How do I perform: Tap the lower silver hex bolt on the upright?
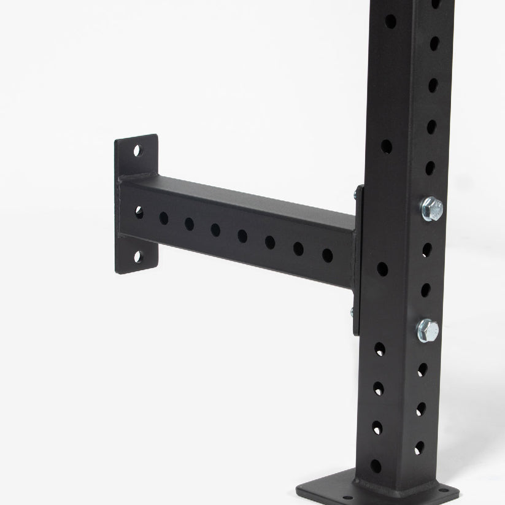click(428, 330)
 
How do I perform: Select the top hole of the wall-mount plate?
click(137, 150)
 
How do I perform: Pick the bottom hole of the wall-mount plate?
click(137, 256)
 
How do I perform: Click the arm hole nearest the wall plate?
click(139, 212)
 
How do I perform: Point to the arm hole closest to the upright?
click(327, 255)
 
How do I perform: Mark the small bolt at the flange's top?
click(355, 195)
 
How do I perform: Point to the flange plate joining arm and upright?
click(358, 258)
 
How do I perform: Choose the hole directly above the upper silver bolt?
click(430, 167)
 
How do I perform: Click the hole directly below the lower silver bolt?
click(423, 369)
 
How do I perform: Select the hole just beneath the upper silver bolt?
click(426, 249)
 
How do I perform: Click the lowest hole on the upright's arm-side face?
click(376, 466)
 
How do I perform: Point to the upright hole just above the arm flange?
click(386, 146)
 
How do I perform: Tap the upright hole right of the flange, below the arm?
click(382, 269)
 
